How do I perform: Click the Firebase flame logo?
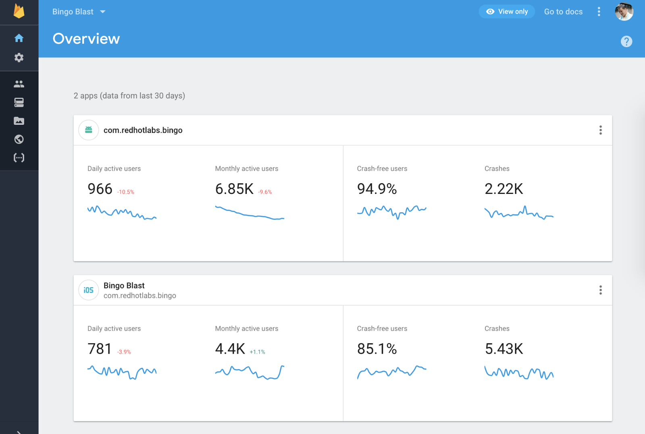point(19,11)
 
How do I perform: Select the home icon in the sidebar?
point(19,38)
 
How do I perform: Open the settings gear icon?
point(19,58)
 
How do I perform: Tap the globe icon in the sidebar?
point(19,139)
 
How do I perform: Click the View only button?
point(507,12)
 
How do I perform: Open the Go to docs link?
point(563,12)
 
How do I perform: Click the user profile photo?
point(624,12)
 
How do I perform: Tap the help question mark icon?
point(626,42)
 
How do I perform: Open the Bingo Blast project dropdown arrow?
point(103,12)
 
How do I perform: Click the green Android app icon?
point(89,130)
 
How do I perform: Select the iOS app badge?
point(89,290)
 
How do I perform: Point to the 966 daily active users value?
point(100,189)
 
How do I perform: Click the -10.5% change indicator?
point(125,192)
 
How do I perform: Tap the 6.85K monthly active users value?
point(234,189)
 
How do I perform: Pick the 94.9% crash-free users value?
point(377,189)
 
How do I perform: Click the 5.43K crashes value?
point(504,349)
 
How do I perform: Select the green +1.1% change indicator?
point(257,352)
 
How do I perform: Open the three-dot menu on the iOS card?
point(600,290)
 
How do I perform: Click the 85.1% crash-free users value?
point(377,349)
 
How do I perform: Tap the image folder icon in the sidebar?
point(19,121)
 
